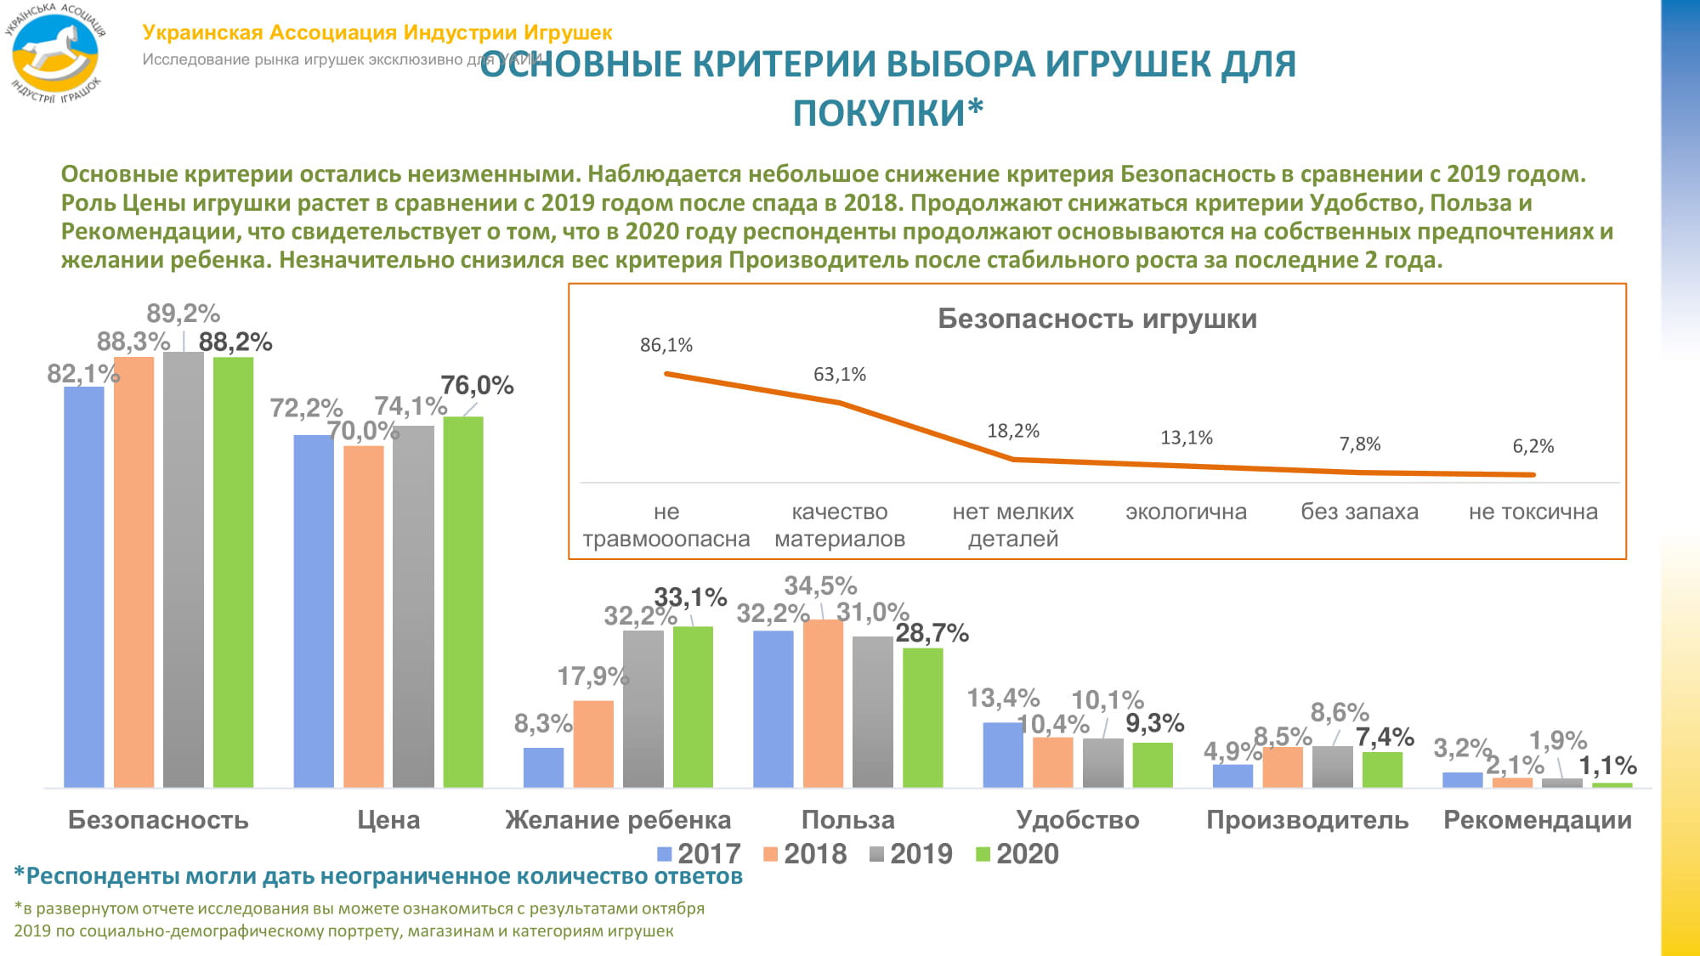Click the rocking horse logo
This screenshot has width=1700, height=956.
[x=56, y=54]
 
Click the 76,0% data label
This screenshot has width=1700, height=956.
[x=477, y=386]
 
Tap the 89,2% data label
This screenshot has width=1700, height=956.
[x=183, y=314]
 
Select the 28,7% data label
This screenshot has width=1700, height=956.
[x=932, y=633]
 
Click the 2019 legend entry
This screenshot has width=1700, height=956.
[x=911, y=854]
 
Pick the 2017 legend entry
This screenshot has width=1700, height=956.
[x=699, y=854]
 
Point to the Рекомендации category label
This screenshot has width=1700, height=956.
[x=1537, y=820]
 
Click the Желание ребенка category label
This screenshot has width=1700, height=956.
[x=618, y=820]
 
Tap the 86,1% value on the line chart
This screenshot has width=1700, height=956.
[x=666, y=345]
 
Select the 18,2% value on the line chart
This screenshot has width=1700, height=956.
[x=1013, y=431]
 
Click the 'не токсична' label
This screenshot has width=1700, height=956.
[x=1533, y=512]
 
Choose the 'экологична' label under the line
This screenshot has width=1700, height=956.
[x=1186, y=512]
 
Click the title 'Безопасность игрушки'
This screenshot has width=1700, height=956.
[x=1097, y=319]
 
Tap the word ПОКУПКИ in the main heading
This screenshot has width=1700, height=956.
[x=880, y=113]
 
